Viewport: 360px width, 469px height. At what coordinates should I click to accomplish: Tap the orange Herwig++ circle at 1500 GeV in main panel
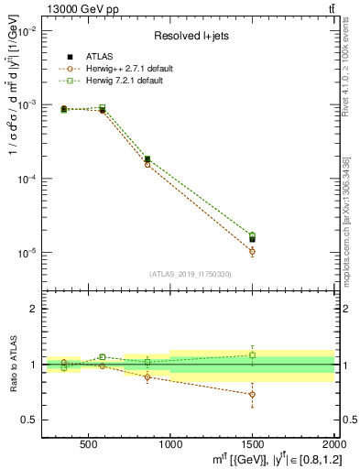point(252,251)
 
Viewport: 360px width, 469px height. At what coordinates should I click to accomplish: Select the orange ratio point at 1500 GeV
point(252,394)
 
